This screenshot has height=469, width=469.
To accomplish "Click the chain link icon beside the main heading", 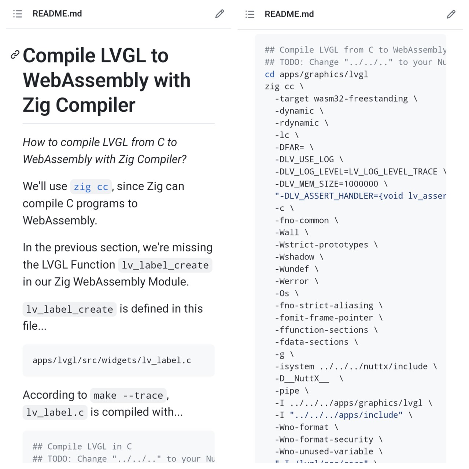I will click(15, 55).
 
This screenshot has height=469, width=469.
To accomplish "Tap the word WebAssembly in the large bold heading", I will click(85, 80).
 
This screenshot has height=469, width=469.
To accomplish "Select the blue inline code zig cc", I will click(91, 187).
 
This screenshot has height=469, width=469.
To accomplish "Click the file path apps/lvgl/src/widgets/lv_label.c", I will click(112, 361).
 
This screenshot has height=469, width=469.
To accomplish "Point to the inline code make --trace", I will click(128, 396).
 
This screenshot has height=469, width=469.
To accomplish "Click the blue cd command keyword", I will click(270, 74).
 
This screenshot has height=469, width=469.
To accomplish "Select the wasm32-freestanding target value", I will click(361, 99).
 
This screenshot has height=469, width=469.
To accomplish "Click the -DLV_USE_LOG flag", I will click(304, 159).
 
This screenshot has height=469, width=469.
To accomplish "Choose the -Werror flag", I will click(292, 281).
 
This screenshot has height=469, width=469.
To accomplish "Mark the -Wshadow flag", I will click(295, 257).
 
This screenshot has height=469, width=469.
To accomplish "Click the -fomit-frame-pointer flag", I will click(324, 318).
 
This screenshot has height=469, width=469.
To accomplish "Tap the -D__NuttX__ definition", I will click(302, 378).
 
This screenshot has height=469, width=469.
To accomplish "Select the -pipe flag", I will click(287, 391).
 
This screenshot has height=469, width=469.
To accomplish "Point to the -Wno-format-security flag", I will click(324, 439).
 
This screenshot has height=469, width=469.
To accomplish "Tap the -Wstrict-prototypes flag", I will click(321, 245).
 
